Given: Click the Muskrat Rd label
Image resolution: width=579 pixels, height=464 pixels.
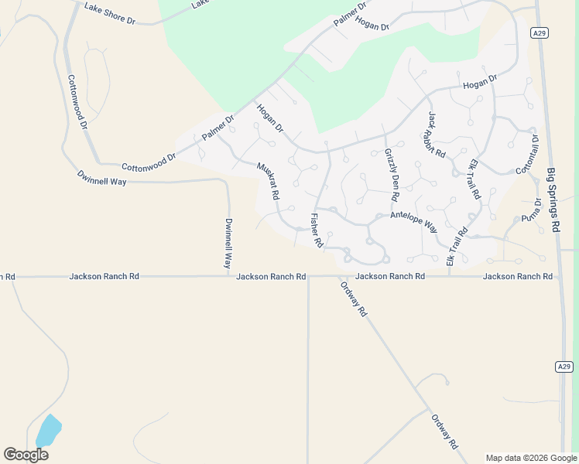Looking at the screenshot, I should pyautogui.click(x=267, y=181).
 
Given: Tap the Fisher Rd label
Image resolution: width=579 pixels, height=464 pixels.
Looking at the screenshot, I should pyautogui.click(x=316, y=230).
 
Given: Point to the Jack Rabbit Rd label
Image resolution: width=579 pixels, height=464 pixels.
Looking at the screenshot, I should pyautogui.click(x=437, y=135).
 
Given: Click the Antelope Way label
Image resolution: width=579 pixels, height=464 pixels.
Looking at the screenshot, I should pyautogui.click(x=414, y=222).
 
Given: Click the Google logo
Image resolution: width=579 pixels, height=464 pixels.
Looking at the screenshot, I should pyautogui.click(x=26, y=455).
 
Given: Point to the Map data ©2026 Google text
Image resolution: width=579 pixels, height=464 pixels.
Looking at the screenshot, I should pyautogui.click(x=531, y=458).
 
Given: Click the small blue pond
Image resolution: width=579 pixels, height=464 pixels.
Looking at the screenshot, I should pyautogui.click(x=48, y=430).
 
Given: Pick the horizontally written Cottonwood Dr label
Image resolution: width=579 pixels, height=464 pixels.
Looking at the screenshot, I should pyautogui.click(x=149, y=162).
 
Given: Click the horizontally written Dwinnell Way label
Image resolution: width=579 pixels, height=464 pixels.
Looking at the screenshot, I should pyautogui.click(x=101, y=179).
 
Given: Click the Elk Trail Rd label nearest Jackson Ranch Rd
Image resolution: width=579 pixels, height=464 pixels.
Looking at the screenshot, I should pyautogui.click(x=457, y=247).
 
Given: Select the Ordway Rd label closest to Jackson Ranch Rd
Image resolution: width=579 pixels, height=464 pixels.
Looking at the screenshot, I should pyautogui.click(x=353, y=299).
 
